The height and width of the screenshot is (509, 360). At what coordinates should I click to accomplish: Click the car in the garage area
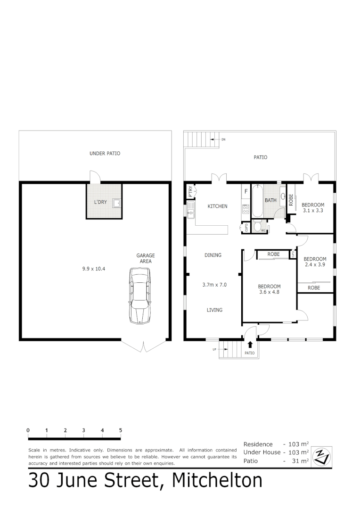(x=140, y=296)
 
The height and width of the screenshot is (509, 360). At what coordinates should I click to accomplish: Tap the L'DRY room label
(x=100, y=202)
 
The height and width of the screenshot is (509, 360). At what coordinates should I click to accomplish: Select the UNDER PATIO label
(x=105, y=153)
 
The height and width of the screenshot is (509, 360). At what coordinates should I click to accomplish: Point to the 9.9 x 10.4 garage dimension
(x=93, y=269)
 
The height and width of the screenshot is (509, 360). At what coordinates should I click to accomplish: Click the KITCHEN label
(x=217, y=206)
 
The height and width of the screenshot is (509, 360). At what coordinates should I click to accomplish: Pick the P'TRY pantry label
(x=190, y=191)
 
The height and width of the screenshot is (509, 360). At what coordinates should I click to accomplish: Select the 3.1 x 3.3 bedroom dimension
(x=313, y=210)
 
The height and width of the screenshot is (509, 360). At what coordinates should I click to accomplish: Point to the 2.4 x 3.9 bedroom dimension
(x=315, y=265)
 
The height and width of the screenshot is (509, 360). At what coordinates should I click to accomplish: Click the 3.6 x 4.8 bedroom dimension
(x=269, y=292)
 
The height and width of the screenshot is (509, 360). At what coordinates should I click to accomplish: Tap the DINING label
(x=213, y=255)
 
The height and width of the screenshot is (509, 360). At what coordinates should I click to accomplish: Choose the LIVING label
(x=214, y=310)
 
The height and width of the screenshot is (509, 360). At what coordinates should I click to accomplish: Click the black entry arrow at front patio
(x=249, y=345)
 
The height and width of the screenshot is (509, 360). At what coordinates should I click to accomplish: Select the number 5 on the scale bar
(x=121, y=430)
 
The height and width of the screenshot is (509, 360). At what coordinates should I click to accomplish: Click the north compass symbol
(x=323, y=455)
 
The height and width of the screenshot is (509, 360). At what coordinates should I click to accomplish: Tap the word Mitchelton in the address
(x=217, y=480)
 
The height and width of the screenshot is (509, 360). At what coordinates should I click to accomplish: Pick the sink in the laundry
(x=116, y=203)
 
